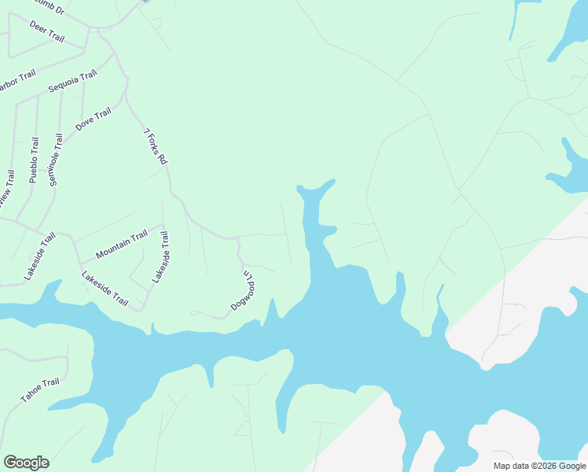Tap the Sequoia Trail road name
click(x=72, y=81)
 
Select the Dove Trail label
click(x=93, y=119)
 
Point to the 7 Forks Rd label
click(x=156, y=146)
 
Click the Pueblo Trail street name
click(x=34, y=160)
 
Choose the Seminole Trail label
click(x=55, y=160)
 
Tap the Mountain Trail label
click(x=121, y=245)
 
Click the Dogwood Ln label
click(x=241, y=289)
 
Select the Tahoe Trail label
click(x=39, y=390)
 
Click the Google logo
click(x=26, y=463)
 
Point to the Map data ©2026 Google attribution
click(x=539, y=466)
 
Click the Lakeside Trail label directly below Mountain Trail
click(x=105, y=288)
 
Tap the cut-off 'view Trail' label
click(x=7, y=190)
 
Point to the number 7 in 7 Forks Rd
click(x=146, y=131)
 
